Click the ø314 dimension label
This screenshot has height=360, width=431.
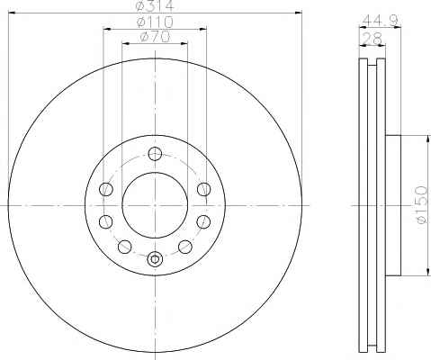[x=155, y=5]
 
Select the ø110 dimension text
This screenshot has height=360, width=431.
[x=155, y=22]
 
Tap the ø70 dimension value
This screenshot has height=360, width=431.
[x=155, y=37]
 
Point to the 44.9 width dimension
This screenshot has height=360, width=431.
[x=380, y=21]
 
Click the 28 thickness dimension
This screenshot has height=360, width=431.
[x=373, y=38]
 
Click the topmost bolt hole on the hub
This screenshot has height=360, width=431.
[x=155, y=154]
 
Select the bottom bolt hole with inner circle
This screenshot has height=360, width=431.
[x=155, y=258]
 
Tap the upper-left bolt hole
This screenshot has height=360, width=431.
[x=106, y=189]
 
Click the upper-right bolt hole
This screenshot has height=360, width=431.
[x=204, y=189]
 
